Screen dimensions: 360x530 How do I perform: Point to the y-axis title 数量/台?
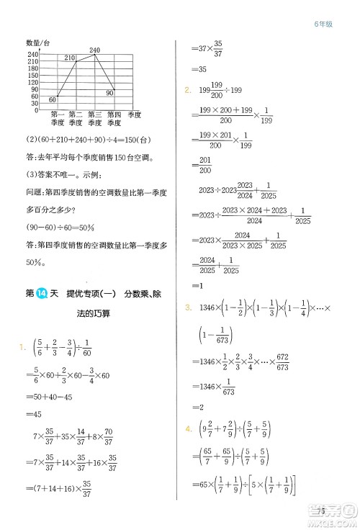pyautogui.click(x=41, y=45)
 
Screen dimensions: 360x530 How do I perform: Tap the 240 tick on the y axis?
pyautogui.click(x=34, y=55)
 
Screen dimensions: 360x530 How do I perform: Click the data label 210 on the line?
pyautogui.click(x=70, y=58)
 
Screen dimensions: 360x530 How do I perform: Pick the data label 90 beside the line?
pyautogui.click(x=110, y=92)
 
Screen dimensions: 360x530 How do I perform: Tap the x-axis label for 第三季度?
pyautogui.click(x=94, y=119)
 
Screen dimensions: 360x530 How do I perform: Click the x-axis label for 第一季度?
pyautogui.click(x=58, y=119)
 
